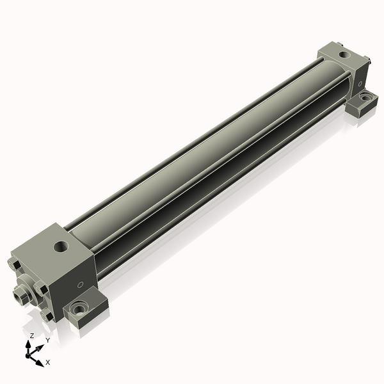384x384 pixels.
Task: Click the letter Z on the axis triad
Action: (x=32, y=336)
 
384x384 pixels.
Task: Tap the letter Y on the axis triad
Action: (x=48, y=340)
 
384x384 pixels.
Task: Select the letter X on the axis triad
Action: (x=48, y=362)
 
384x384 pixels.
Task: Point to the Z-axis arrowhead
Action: (x=28, y=344)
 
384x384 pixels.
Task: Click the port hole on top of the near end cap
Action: (x=61, y=246)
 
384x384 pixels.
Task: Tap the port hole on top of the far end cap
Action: (x=345, y=54)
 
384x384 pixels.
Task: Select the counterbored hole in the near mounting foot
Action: (x=78, y=310)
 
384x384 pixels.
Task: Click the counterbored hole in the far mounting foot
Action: (x=365, y=97)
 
